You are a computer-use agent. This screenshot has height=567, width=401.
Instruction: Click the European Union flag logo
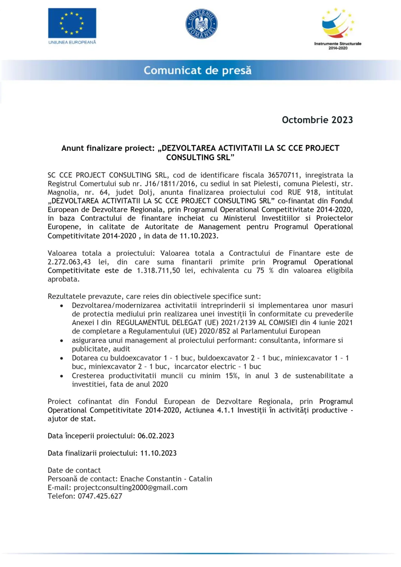coord(72,23)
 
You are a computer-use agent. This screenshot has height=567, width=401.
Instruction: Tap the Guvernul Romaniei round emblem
coord(202,24)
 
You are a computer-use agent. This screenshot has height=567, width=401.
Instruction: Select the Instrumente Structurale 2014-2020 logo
coord(338,29)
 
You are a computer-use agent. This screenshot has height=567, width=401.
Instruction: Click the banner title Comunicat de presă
coord(197,71)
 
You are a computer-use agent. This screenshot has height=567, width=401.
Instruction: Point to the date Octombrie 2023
coord(317,120)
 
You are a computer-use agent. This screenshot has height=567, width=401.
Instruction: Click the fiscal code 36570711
coord(283,175)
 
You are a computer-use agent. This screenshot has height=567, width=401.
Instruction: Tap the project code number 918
coord(312,193)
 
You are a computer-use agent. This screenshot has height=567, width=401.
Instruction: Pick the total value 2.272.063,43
coord(69,262)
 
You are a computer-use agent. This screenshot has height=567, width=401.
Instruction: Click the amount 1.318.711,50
coord(158,271)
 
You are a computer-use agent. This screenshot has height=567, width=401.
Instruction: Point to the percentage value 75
coord(260,271)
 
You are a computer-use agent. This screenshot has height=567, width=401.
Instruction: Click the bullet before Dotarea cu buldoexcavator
coord(62,358)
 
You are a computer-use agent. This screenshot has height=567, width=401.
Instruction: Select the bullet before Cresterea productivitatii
coord(62,376)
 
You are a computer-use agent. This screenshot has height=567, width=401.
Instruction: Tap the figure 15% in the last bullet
coord(232,376)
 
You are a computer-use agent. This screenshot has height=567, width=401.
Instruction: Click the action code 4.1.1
coord(225,410)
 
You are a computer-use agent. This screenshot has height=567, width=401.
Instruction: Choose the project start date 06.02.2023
coord(156,436)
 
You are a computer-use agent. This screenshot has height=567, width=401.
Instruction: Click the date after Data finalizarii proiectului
coord(158,453)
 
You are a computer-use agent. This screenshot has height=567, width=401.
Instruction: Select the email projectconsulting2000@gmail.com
coord(130,488)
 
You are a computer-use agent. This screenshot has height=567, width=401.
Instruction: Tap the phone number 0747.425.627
coord(100,496)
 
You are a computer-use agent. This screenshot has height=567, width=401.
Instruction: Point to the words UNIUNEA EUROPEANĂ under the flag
coord(72,42)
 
